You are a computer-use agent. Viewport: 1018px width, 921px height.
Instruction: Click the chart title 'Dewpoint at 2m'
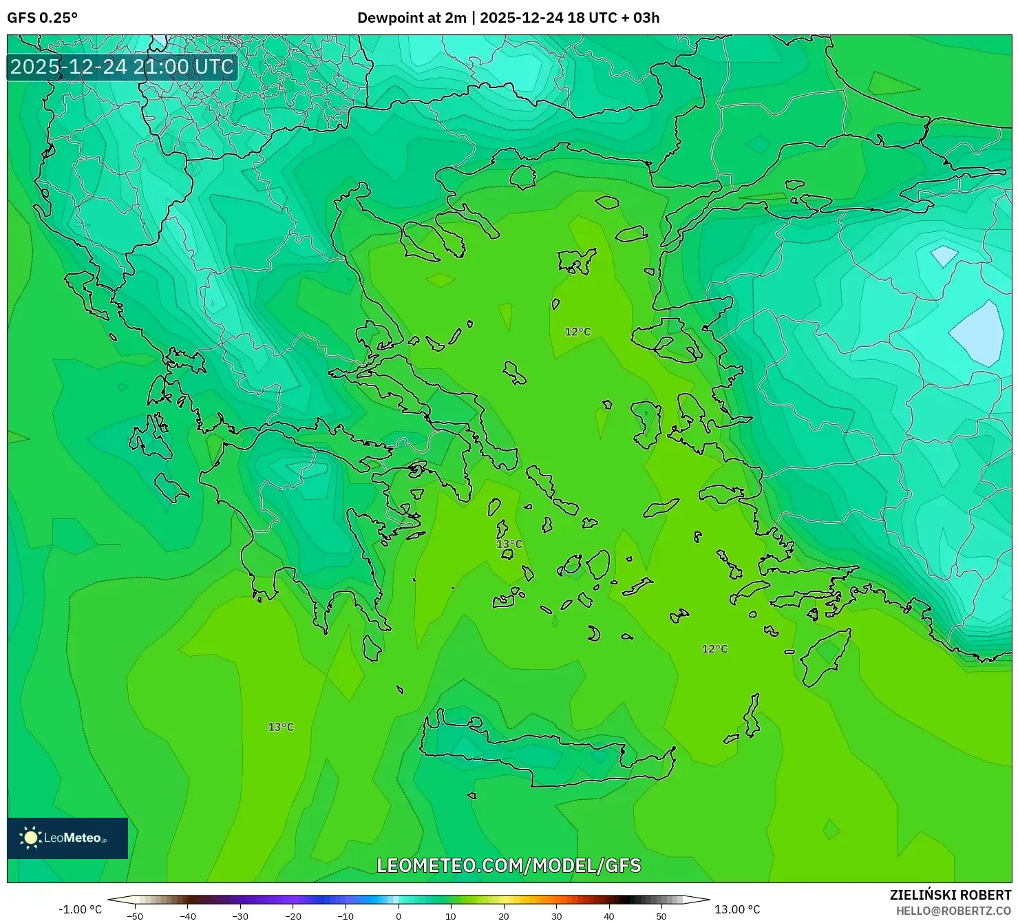click(411, 18)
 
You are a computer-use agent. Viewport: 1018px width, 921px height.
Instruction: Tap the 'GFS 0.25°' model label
click(43, 18)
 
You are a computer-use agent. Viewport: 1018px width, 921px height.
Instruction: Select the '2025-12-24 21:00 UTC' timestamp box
click(122, 67)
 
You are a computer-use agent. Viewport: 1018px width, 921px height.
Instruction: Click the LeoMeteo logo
click(67, 838)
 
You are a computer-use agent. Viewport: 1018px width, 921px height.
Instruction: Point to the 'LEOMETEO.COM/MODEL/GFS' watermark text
click(509, 865)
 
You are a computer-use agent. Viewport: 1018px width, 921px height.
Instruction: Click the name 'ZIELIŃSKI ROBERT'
click(951, 895)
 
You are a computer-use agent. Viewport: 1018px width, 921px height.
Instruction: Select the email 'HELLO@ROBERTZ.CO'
click(953, 911)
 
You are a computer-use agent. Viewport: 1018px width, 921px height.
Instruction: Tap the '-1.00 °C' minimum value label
click(80, 909)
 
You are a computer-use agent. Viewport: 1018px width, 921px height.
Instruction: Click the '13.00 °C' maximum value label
click(737, 909)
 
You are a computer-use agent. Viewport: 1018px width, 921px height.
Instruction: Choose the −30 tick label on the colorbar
click(240, 916)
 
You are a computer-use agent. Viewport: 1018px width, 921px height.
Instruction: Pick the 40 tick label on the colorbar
click(609, 916)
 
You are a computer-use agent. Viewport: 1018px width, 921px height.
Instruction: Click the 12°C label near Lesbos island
click(577, 332)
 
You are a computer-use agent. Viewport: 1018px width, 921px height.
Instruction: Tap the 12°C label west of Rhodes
click(714, 649)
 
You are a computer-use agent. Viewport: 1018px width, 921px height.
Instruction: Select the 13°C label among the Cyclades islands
click(509, 544)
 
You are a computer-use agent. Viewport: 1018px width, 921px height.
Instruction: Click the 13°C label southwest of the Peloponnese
click(281, 727)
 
